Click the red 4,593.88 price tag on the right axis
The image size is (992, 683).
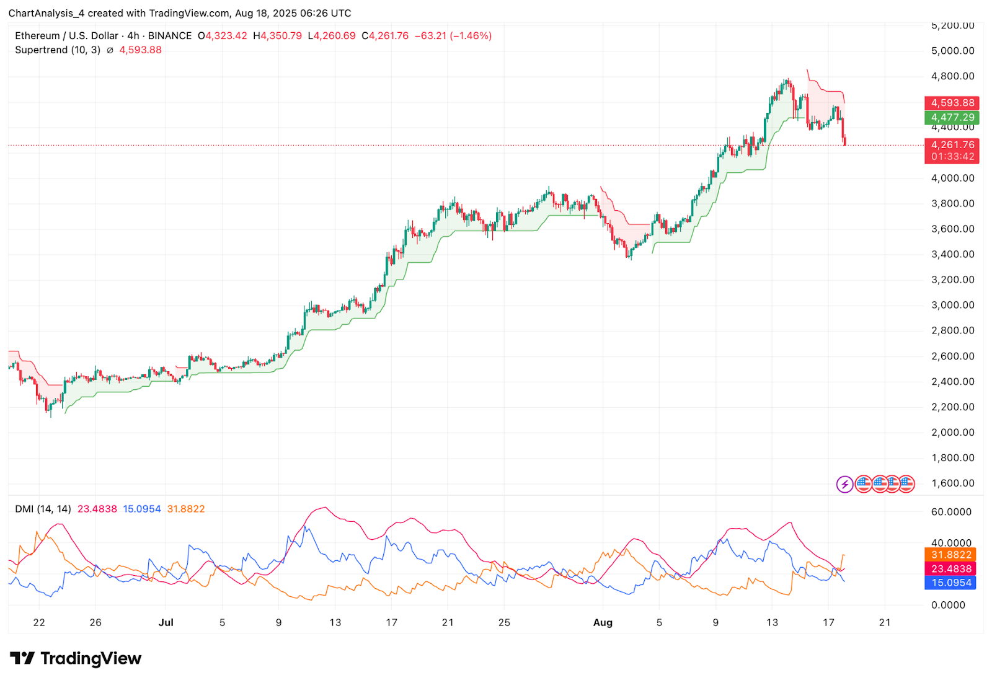(x=952, y=103)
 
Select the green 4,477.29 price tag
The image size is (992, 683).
(x=952, y=117)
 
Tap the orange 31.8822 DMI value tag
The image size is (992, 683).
(x=950, y=555)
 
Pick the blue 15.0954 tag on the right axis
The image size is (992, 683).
(x=950, y=583)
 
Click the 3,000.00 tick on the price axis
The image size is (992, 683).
(x=952, y=305)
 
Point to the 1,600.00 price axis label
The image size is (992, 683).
(x=952, y=483)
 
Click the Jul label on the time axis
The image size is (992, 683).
(x=166, y=622)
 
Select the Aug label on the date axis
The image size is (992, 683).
(x=603, y=622)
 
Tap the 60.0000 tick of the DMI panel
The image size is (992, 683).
(x=951, y=512)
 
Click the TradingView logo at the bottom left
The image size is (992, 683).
(x=76, y=658)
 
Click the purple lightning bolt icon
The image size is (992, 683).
(x=844, y=484)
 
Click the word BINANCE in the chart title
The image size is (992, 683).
(x=169, y=36)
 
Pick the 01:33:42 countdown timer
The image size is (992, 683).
(x=952, y=157)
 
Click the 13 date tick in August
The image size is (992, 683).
(x=772, y=622)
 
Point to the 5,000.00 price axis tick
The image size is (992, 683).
(x=952, y=51)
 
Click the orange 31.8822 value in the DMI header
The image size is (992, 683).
(x=186, y=509)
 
